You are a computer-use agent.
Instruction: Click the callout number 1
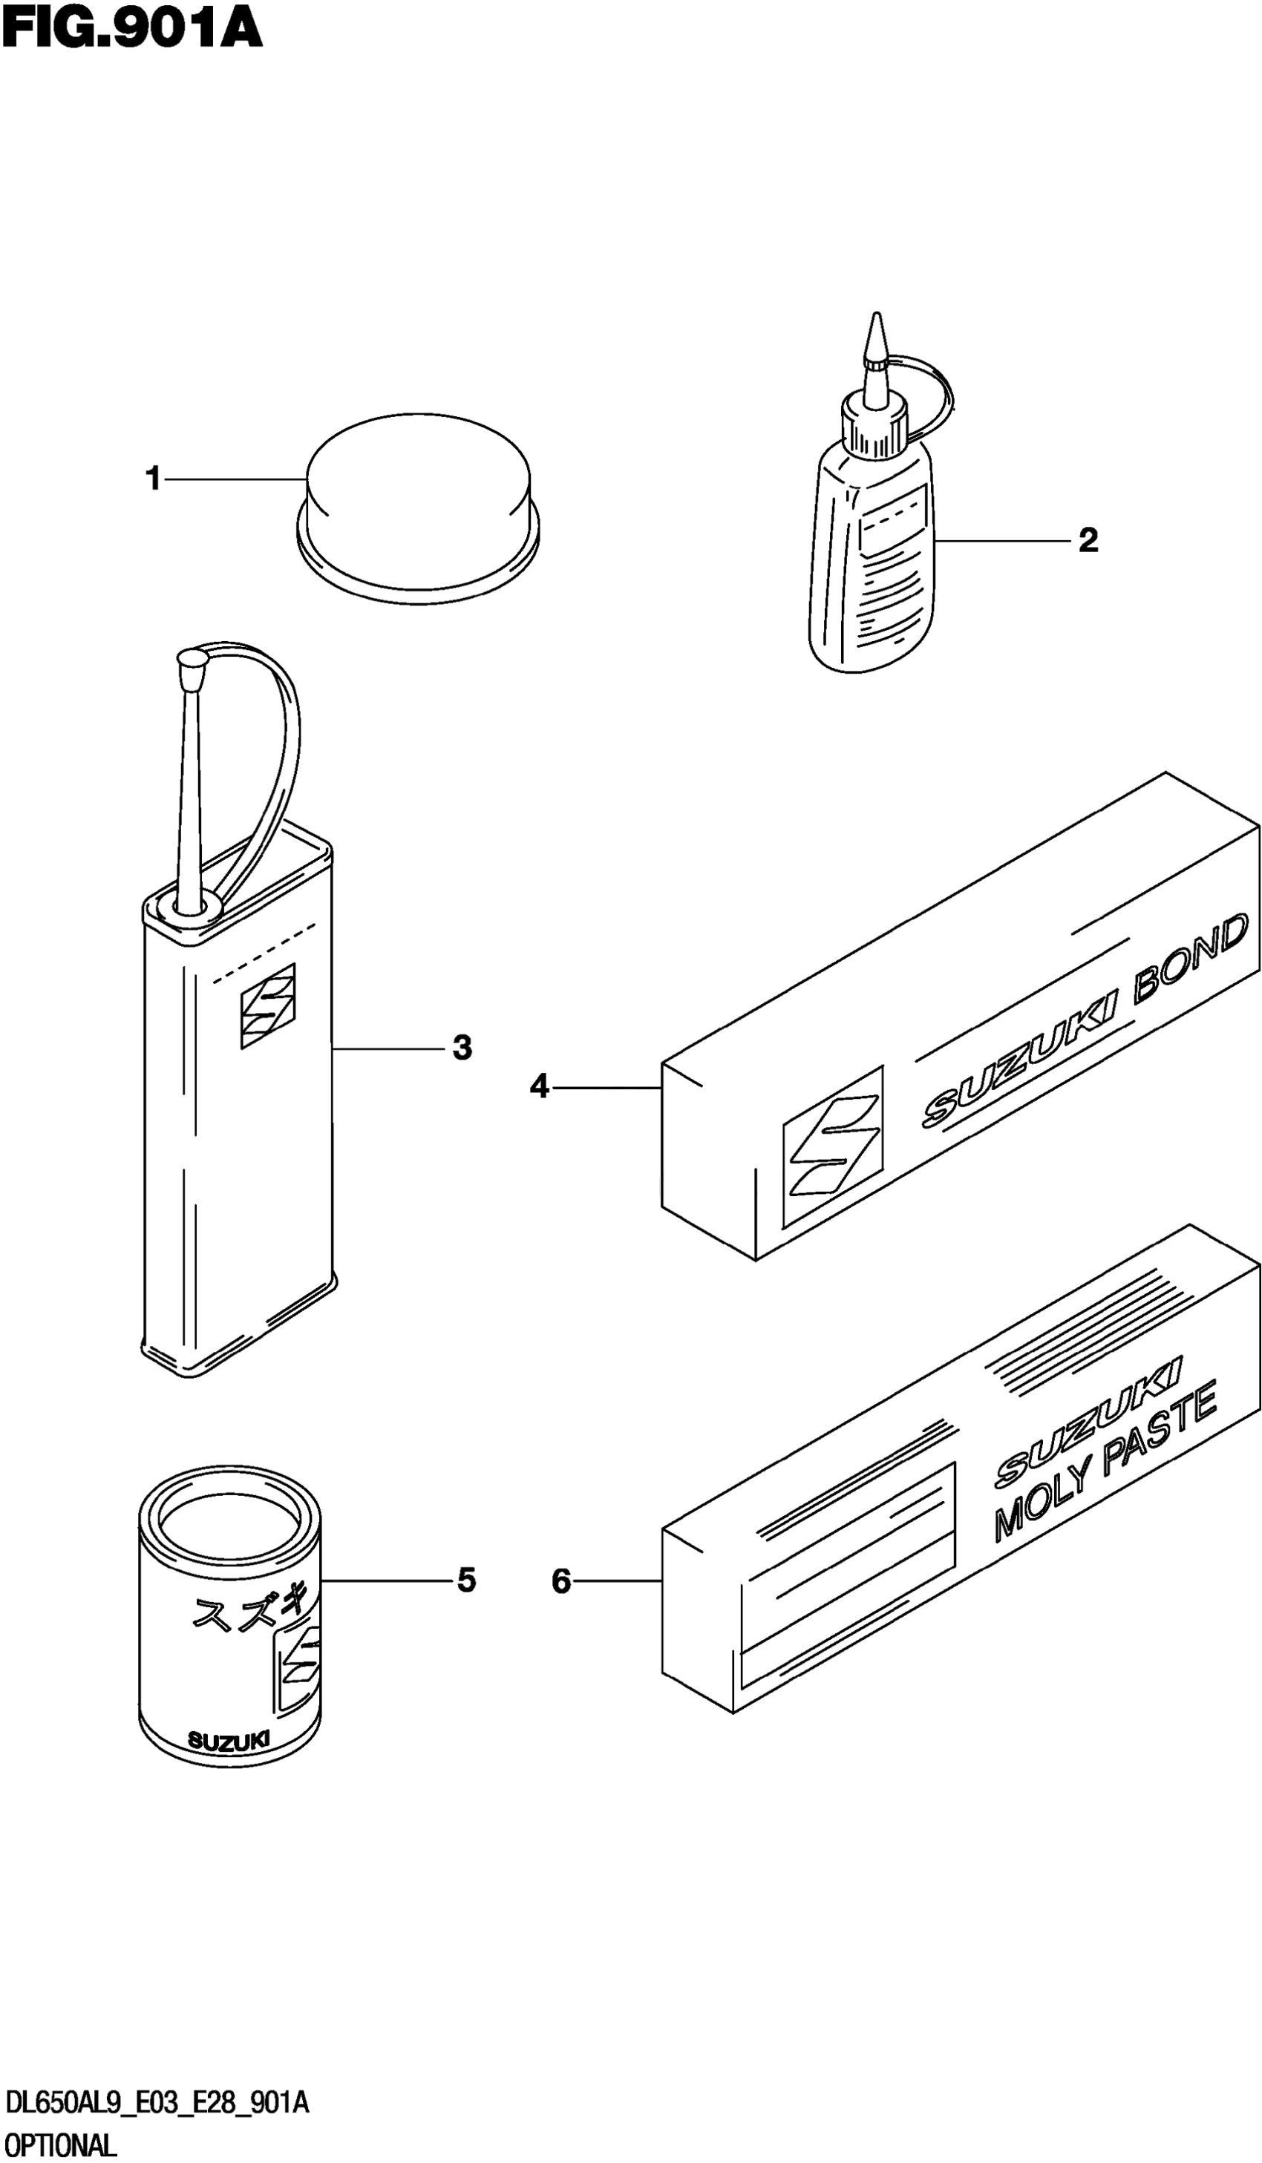pyautogui.click(x=154, y=478)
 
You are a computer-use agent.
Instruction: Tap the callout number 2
pyautogui.click(x=1087, y=541)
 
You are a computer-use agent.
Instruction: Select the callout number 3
pyautogui.click(x=462, y=1048)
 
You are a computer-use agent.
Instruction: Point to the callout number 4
pyautogui.click(x=538, y=1086)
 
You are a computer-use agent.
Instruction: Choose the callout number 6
pyautogui.click(x=560, y=1581)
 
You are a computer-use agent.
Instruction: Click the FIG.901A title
pyautogui.click(x=131, y=29)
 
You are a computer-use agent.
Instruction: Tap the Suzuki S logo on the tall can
pyautogui.click(x=268, y=1005)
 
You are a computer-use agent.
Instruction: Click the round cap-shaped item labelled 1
pyautogui.click(x=418, y=498)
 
